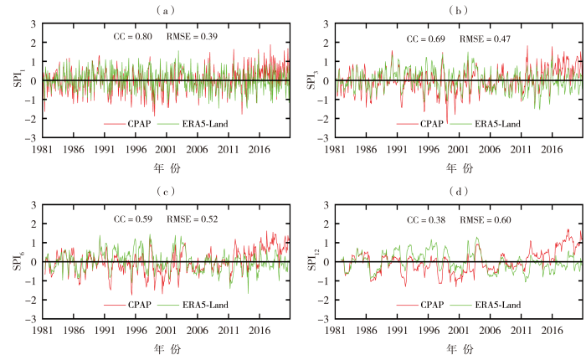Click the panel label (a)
coord(164,10)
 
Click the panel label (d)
coord(458,192)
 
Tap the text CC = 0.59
coord(132,219)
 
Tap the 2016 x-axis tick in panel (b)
coord(551,149)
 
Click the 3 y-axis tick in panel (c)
coord(33,205)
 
